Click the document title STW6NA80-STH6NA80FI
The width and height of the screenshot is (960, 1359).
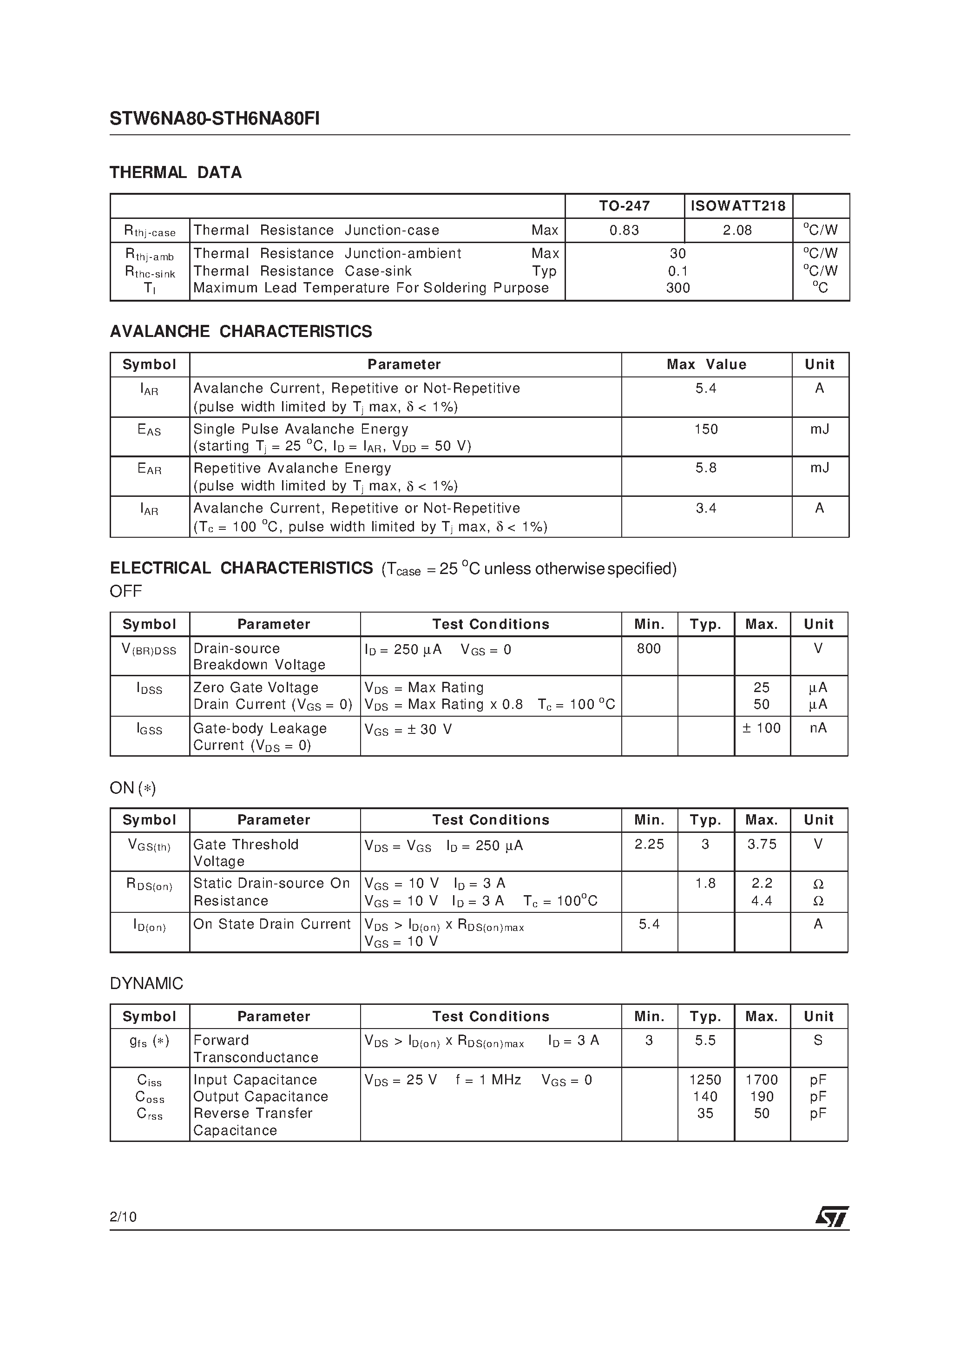[214, 119]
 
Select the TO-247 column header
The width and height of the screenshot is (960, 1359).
[625, 206]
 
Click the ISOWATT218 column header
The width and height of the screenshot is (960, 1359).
[737, 206]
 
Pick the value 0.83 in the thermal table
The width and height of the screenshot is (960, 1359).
[625, 230]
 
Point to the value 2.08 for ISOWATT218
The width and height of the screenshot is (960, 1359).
[737, 230]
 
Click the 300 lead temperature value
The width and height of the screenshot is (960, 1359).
[677, 288]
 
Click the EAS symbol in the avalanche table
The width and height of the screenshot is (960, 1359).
[149, 430]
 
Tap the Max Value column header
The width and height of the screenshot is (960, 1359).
[706, 364]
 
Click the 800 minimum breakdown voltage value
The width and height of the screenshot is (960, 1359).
[649, 649]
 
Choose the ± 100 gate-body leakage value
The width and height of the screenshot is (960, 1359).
[762, 728]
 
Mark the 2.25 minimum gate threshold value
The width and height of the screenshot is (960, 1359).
[649, 844]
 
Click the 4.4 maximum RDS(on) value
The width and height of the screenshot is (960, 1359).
[762, 901]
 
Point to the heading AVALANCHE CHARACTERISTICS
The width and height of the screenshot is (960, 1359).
[241, 331]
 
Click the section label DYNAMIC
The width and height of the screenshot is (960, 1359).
[146, 984]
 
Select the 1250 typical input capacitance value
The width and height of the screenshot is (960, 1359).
[705, 1080]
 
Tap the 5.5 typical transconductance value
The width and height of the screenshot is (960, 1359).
[705, 1040]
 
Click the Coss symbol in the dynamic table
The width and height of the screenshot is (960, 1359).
[150, 1097]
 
